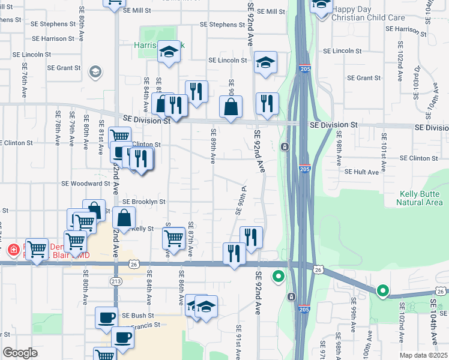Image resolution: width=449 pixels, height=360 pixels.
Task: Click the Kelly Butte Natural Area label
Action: [x=420, y=198]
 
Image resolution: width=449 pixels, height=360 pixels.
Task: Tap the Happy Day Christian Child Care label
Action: [x=369, y=13]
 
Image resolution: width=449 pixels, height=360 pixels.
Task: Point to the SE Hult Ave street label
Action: [x=362, y=172]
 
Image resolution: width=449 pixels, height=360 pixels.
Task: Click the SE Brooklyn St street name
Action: [x=144, y=202]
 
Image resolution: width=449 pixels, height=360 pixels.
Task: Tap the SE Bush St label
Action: [x=138, y=315]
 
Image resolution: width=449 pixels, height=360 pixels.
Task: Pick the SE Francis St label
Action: [x=146, y=325]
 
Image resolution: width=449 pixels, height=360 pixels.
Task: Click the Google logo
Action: [x=20, y=353]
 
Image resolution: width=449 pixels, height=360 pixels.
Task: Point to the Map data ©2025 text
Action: [x=424, y=355]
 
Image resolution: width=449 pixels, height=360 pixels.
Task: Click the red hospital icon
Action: [x=13, y=248]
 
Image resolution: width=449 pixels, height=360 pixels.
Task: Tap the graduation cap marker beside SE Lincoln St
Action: [x=265, y=62]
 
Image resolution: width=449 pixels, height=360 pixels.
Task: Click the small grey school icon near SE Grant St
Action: [x=95, y=73]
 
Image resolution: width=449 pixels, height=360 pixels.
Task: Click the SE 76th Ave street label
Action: [x=25, y=79]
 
